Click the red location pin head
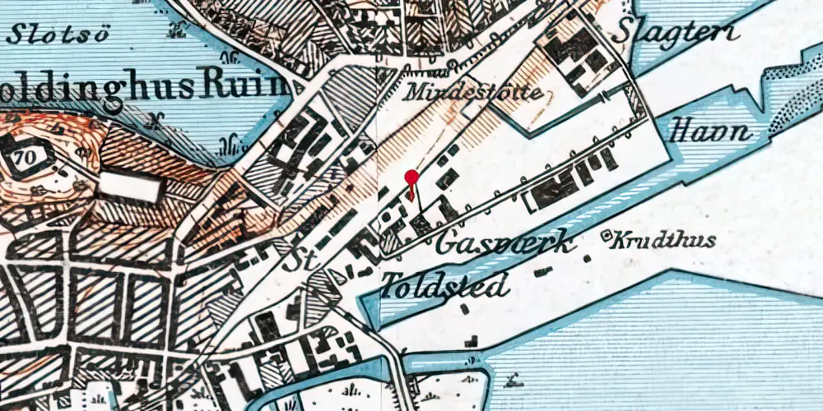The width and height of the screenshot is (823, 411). click(411, 176)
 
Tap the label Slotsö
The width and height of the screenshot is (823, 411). click(49, 34)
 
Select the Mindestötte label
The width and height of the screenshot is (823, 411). click(473, 92)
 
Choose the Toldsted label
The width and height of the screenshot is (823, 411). click(444, 284)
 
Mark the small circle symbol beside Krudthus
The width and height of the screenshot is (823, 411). click(609, 238)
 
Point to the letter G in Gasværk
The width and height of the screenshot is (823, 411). click(449, 244)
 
